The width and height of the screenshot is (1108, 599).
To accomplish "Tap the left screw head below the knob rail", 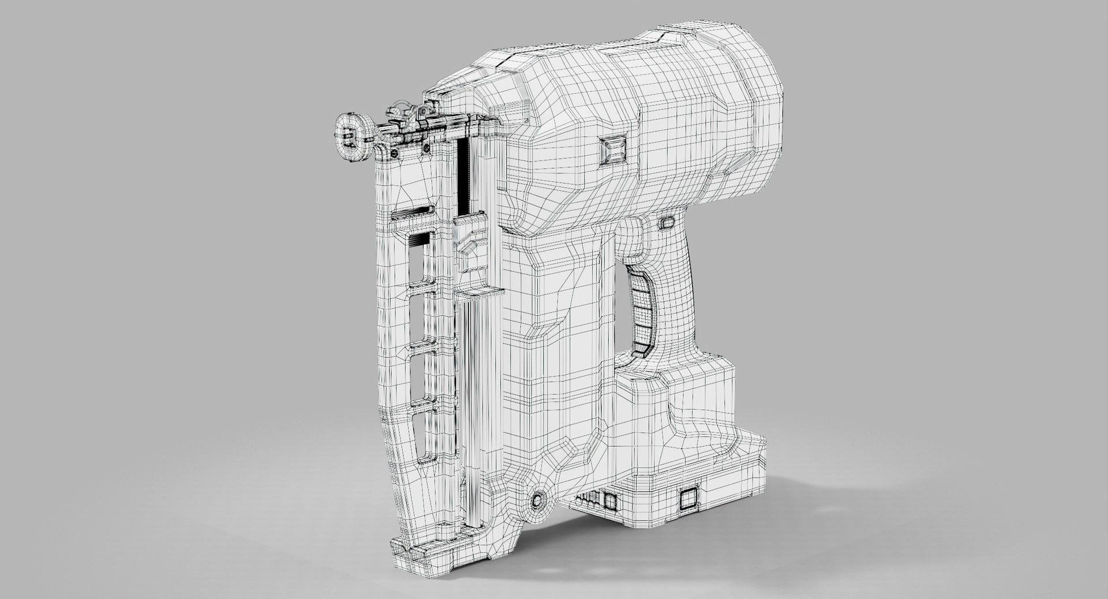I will [x=394, y=152].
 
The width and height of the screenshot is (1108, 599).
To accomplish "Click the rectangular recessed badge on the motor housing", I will [x=613, y=151].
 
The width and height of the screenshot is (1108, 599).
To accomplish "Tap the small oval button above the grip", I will [x=667, y=222].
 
